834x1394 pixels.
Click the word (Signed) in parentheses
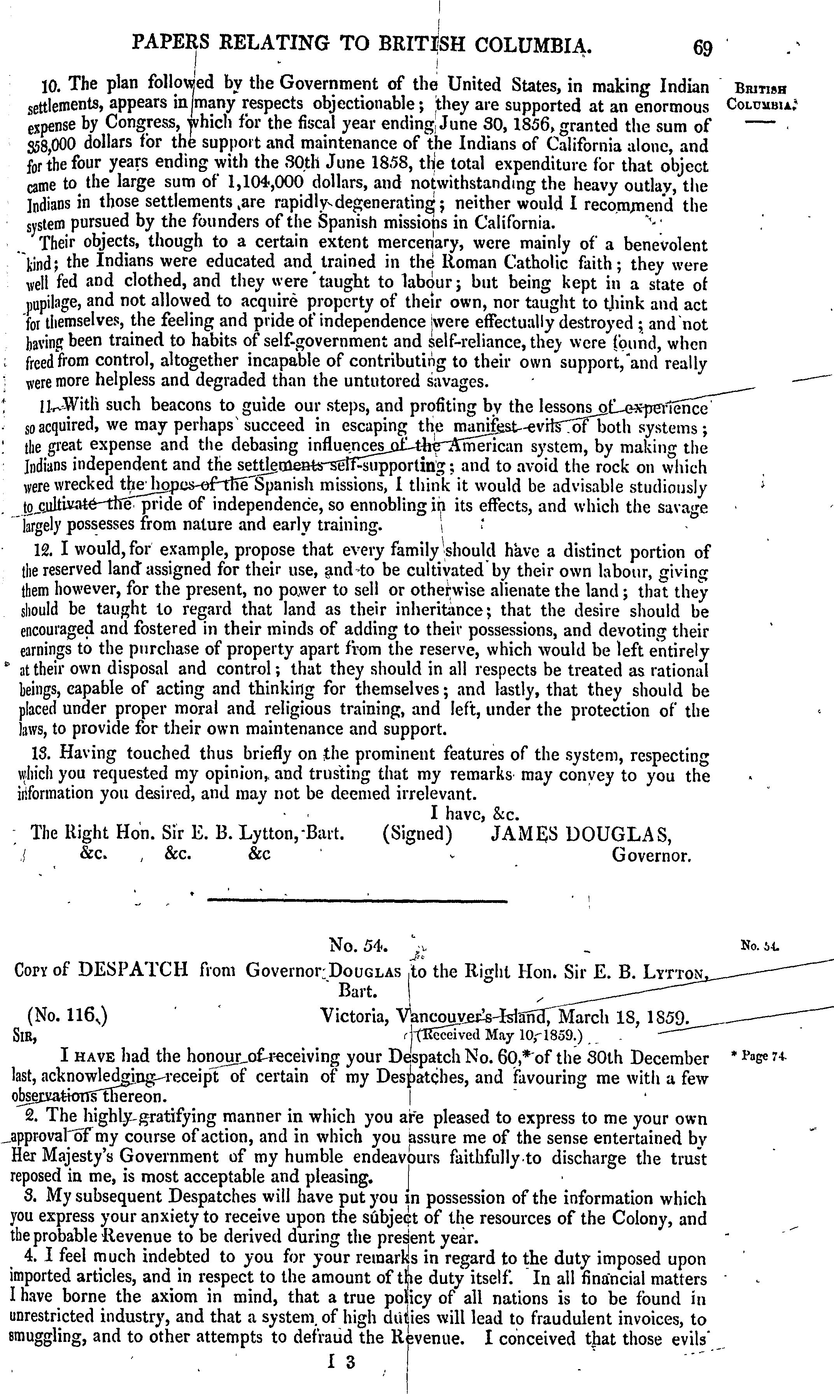coord(417,833)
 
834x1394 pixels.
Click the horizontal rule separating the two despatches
coord(357,901)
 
